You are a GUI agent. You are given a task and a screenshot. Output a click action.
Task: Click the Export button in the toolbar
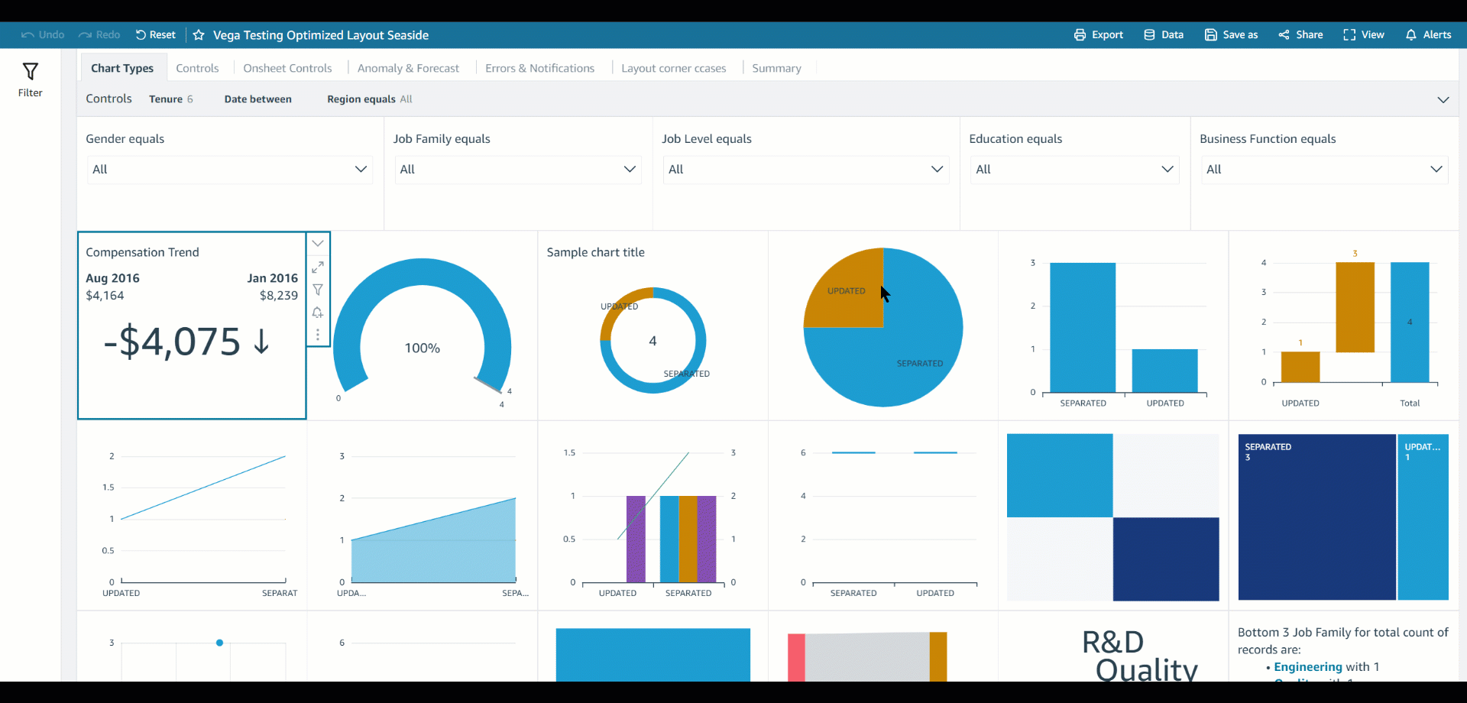[1098, 35]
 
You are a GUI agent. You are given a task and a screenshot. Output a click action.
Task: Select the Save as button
[1231, 35]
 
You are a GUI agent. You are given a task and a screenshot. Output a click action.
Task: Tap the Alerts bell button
[1428, 35]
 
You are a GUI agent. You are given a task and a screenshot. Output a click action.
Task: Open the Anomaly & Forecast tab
[408, 69]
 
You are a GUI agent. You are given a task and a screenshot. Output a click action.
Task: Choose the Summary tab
[776, 69]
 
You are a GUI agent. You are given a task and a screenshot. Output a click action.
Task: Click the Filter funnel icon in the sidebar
[31, 73]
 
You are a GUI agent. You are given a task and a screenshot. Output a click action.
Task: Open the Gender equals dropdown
[229, 170]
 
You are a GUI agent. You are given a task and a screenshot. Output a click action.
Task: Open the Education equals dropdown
[1074, 170]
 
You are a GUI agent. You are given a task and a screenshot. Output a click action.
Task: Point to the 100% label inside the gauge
[423, 348]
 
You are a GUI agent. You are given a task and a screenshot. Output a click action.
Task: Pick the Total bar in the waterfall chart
[1410, 322]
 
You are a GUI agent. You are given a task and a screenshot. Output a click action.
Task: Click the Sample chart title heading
[595, 253]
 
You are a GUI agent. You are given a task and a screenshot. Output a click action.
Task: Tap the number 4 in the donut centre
[653, 342]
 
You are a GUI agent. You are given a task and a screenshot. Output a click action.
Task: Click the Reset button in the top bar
[156, 35]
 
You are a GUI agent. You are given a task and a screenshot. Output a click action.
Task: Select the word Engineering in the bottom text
[1307, 667]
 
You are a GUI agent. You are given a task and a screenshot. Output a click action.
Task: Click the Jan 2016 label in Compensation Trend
[272, 279]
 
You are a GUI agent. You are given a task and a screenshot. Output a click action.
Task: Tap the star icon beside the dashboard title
[199, 35]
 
